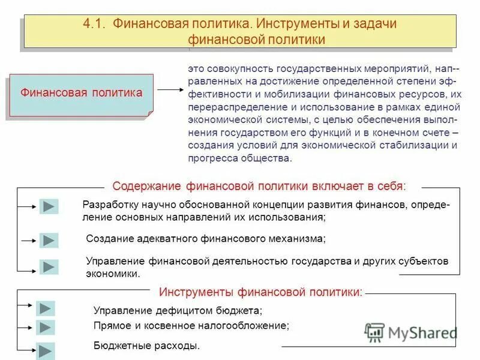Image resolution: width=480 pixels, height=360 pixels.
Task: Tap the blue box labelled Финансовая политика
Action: (81, 94)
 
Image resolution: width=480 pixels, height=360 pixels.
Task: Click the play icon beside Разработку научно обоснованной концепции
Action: (49, 207)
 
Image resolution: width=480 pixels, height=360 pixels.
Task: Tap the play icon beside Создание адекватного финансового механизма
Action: (49, 241)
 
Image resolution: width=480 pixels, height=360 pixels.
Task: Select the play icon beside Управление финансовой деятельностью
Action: (49, 267)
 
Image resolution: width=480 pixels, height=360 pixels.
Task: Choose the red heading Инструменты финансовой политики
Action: (261, 293)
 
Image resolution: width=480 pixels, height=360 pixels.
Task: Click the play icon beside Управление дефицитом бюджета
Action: (46, 308)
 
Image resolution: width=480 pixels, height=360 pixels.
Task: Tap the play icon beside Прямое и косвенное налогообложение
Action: (46, 328)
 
